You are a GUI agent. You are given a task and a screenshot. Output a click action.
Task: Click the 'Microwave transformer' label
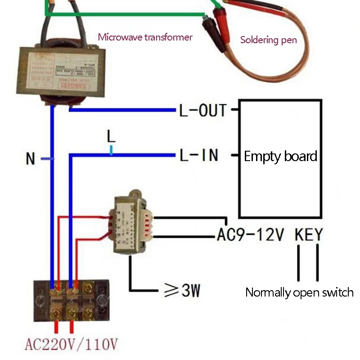(x=145, y=37)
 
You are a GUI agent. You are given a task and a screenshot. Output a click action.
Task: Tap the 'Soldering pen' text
(x=269, y=40)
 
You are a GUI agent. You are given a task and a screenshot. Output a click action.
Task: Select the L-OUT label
(x=202, y=110)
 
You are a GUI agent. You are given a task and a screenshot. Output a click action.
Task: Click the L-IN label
(x=198, y=155)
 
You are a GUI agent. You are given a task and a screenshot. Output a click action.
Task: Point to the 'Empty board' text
(x=280, y=157)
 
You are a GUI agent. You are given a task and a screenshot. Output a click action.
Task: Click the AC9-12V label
(x=250, y=234)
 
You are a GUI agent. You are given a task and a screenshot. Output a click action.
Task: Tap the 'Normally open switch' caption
(x=299, y=292)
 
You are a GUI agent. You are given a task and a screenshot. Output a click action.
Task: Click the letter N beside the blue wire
(x=30, y=159)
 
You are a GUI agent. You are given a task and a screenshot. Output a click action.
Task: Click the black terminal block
(x=72, y=300)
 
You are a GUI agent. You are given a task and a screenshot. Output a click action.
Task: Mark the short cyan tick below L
(x=111, y=151)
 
